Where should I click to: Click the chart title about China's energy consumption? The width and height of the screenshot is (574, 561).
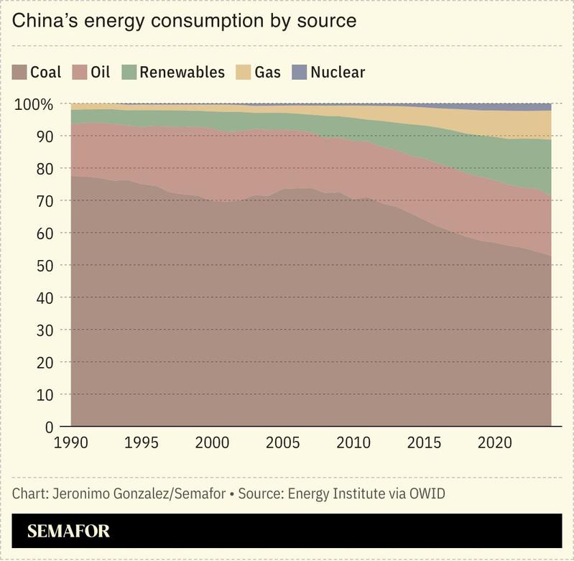click(x=185, y=21)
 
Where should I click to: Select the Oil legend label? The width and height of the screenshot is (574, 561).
click(x=101, y=73)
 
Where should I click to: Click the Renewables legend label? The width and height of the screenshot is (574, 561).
click(x=182, y=73)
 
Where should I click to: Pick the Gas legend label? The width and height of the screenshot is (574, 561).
click(x=267, y=73)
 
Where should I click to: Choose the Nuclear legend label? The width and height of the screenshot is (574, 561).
click(x=338, y=73)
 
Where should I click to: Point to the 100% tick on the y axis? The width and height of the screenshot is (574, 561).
click(x=34, y=105)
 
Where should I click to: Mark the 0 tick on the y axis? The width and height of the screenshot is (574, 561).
click(x=50, y=427)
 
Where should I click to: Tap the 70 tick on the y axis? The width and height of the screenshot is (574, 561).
click(x=45, y=201)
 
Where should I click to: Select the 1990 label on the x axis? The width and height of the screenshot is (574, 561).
click(x=71, y=442)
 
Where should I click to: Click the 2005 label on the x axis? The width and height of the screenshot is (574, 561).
click(x=282, y=442)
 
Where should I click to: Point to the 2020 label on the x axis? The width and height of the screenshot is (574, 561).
click(x=494, y=442)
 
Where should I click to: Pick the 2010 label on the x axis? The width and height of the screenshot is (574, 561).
click(x=353, y=442)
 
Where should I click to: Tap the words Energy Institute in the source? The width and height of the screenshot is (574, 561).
click(x=338, y=494)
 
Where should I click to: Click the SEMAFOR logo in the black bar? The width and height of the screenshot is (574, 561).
click(x=68, y=532)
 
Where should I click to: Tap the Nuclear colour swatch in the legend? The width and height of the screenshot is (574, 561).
click(x=299, y=73)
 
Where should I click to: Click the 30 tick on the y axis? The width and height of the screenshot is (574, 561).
click(x=45, y=330)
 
